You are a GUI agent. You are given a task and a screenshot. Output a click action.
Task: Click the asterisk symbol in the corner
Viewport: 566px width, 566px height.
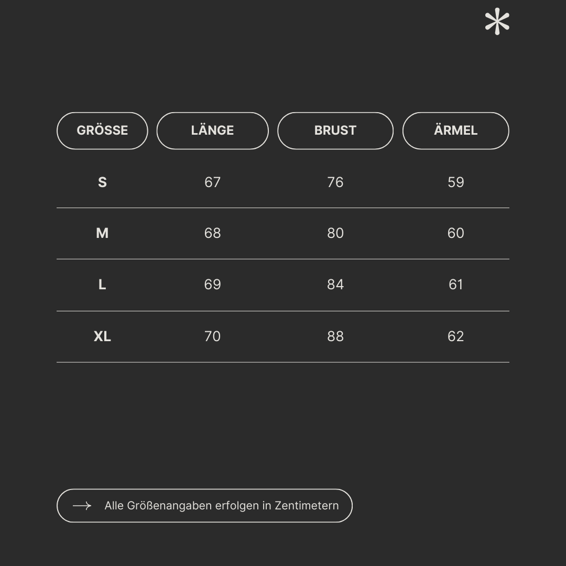497,23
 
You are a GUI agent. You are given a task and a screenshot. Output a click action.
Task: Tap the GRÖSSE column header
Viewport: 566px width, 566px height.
102,130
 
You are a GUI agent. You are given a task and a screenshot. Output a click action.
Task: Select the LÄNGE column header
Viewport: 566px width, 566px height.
212,130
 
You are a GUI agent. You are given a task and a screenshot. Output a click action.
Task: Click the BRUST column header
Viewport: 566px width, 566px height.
335,130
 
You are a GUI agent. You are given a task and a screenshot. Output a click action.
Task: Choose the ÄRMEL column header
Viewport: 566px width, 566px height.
455,130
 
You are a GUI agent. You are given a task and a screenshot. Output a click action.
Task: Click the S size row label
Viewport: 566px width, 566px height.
102,182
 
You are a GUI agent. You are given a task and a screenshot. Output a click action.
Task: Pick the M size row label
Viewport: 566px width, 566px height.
102,233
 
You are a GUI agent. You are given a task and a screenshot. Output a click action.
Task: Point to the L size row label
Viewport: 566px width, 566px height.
102,285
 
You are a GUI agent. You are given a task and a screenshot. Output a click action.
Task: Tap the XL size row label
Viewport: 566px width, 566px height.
102,336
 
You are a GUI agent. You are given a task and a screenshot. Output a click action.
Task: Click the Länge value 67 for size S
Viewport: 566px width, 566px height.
212,182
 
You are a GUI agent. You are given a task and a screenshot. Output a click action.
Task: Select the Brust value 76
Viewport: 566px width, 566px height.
335,182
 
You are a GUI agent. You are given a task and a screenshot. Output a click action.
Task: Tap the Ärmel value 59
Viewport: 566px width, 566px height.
455,182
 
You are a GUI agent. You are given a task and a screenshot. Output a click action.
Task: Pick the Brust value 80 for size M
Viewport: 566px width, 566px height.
335,233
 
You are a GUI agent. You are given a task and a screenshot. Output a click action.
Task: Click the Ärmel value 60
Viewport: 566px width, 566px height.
455,233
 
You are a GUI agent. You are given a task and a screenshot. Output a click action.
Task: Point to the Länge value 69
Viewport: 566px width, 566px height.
212,285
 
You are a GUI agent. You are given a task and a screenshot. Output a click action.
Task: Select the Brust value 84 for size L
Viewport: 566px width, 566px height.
335,285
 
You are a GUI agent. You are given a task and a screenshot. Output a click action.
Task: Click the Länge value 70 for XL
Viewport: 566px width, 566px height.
212,336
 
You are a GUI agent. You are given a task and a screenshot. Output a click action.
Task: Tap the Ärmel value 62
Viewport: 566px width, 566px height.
455,336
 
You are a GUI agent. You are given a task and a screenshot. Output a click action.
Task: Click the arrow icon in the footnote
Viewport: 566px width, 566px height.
82,506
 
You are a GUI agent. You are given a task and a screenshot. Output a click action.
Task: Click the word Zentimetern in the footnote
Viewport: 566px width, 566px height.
307,506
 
